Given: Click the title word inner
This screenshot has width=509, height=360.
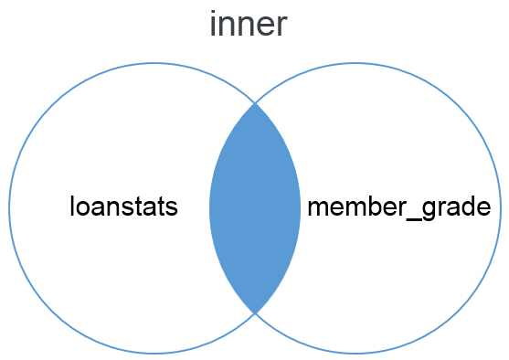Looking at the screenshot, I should [x=249, y=24].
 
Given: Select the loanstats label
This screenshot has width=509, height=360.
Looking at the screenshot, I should [x=123, y=206].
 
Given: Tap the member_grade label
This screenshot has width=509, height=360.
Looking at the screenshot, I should [x=404, y=207].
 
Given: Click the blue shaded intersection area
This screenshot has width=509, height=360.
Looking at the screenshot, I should [x=255, y=208].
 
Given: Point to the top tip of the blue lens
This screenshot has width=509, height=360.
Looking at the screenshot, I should [x=255, y=103].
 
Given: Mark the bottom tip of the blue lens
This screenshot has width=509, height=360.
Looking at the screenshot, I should [x=255, y=312].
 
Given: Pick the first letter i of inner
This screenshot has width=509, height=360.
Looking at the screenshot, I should [x=214, y=24].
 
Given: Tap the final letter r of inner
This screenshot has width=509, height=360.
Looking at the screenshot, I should [x=281, y=26].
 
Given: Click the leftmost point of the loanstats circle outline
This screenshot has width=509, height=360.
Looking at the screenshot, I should [x=9, y=208].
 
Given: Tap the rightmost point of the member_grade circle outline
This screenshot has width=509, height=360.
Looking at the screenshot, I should [x=501, y=208].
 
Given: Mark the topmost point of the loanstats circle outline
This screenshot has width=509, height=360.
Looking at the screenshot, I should [x=154, y=62].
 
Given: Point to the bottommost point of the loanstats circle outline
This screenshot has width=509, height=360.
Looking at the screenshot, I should [x=154, y=354].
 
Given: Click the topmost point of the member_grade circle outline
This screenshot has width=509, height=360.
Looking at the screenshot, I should [x=355, y=62].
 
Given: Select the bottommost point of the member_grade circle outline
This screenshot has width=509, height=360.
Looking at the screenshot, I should [x=355, y=354].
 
